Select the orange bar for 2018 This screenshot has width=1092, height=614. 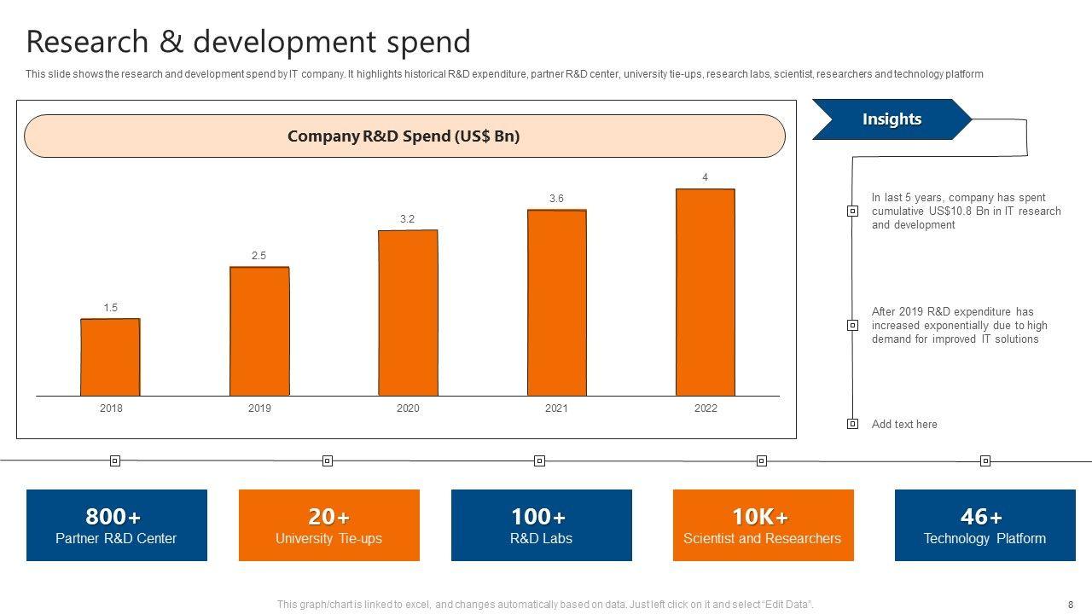(x=110, y=357)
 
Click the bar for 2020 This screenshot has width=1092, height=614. (x=408, y=313)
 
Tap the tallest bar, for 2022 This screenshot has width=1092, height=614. (x=706, y=293)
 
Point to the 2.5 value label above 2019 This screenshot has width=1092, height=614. (x=258, y=256)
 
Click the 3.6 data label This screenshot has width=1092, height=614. (x=556, y=199)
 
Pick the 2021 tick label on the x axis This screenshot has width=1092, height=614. (x=556, y=408)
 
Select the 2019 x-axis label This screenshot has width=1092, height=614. (x=259, y=408)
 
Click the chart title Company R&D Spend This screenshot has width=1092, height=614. (x=404, y=136)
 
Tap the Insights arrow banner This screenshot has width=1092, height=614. (x=892, y=119)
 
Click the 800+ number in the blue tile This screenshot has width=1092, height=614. (x=113, y=517)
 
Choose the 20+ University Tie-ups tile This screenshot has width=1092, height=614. (x=328, y=525)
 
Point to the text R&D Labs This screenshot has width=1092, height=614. (x=541, y=539)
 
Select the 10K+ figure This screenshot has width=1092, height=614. (x=760, y=517)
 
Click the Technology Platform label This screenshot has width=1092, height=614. (x=985, y=539)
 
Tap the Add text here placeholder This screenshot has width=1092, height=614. (x=904, y=425)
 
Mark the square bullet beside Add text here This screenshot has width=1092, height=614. (x=852, y=424)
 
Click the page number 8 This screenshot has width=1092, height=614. (x=1071, y=605)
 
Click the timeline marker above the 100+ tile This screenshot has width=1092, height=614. (x=539, y=461)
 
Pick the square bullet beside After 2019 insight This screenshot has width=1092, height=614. (x=852, y=325)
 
